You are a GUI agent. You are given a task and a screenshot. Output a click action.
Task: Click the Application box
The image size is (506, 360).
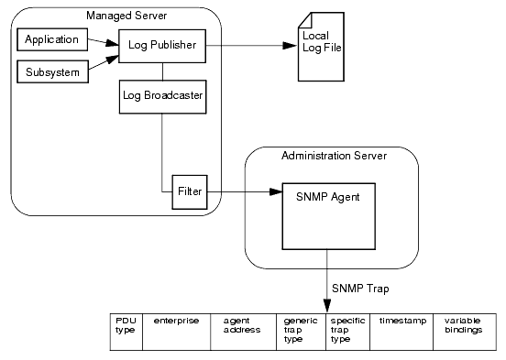coord(51,40)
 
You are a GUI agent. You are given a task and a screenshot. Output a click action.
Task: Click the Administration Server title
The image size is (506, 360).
coord(333,156)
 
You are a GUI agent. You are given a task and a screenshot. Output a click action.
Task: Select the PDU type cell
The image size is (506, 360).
coord(126,332)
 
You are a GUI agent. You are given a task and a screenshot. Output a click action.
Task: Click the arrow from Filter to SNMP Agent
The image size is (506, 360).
coord(244,192)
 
